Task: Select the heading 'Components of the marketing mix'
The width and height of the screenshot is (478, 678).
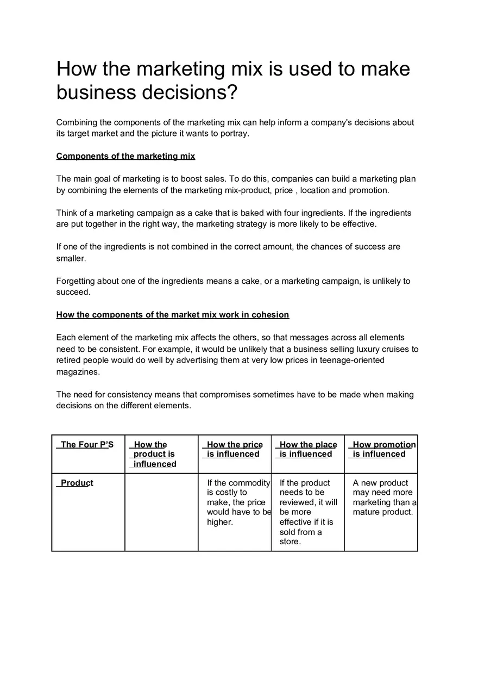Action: tap(125, 156)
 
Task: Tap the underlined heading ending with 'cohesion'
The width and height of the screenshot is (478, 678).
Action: tap(173, 315)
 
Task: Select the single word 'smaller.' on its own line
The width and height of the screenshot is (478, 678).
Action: tap(71, 259)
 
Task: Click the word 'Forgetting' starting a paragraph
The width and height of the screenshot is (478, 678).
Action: tap(76, 281)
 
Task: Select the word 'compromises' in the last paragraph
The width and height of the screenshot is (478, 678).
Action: tap(224, 394)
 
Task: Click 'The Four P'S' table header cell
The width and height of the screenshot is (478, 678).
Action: tap(87, 445)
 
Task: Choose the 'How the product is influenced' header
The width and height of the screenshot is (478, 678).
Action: tap(154, 454)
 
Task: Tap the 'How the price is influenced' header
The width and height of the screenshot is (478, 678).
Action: tap(234, 449)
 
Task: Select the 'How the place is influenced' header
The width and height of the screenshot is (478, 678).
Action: tap(307, 449)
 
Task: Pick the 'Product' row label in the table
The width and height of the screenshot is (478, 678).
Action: tap(77, 483)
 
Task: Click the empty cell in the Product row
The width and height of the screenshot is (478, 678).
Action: tap(161, 512)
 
